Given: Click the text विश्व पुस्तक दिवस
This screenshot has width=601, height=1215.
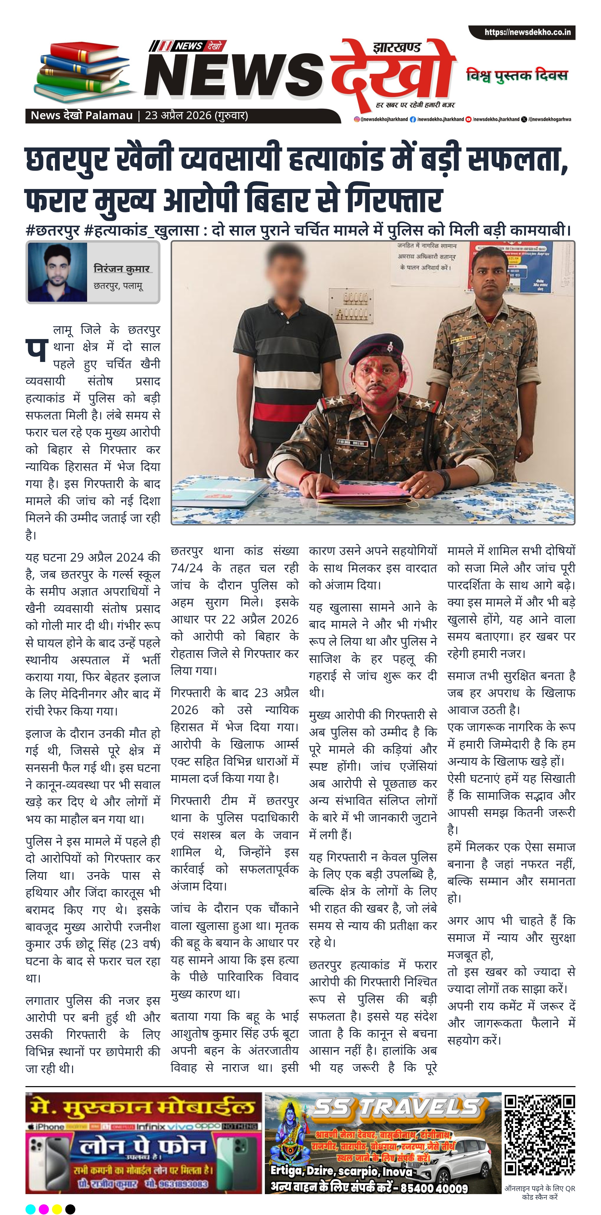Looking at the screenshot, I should click(517, 75).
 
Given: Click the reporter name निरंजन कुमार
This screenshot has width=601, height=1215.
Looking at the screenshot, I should click(122, 269).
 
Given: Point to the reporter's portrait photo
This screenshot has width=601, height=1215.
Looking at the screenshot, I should click(58, 272).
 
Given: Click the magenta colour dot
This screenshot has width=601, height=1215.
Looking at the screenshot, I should click(43, 1209).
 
